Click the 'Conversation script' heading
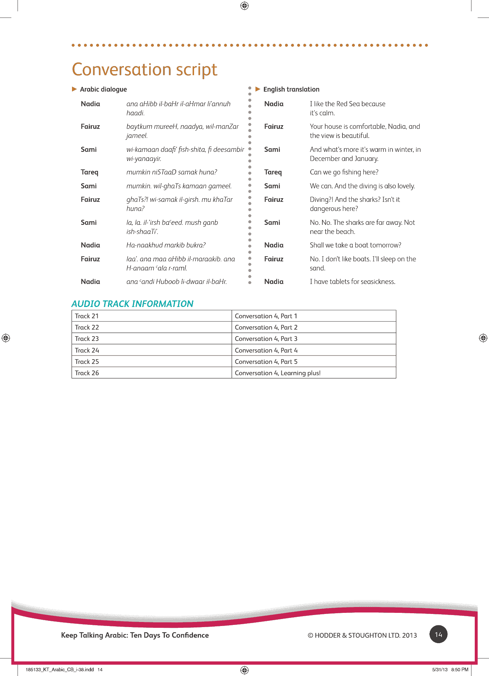coord(145,69)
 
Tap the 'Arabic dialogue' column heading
coord(103,89)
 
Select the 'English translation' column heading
coord(291,89)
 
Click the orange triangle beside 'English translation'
coord(258,89)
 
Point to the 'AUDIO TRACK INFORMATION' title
coord(132,304)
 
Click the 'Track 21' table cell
coord(87,316)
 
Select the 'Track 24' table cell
coord(87,350)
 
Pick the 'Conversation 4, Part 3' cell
coord(266,339)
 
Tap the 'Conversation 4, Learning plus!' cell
coord(277,373)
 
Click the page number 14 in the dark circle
coord(438,634)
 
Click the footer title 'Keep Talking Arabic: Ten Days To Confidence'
coord(135,635)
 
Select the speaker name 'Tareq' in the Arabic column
coord(90,172)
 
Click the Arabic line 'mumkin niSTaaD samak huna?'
coord(172,172)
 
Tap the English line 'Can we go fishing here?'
coord(344,172)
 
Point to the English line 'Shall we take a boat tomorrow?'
coord(355,245)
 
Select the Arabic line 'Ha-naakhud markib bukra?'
coord(166,245)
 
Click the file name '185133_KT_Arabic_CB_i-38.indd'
coord(60,669)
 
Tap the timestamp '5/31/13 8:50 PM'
coord(450,669)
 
